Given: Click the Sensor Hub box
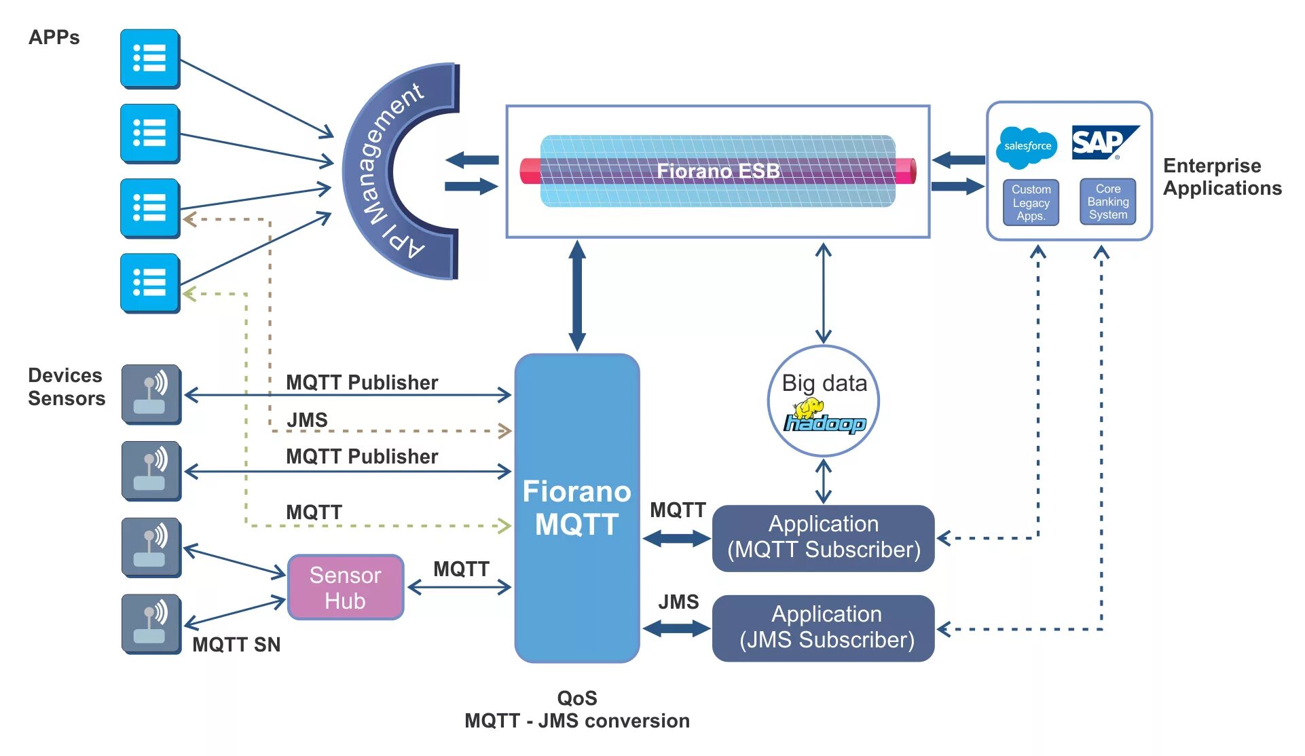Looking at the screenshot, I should pyautogui.click(x=346, y=588).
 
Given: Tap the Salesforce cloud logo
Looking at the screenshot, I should pyautogui.click(x=1027, y=147).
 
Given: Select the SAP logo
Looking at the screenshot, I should pyautogui.click(x=1103, y=143).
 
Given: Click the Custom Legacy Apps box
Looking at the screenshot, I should pyautogui.click(x=1031, y=203).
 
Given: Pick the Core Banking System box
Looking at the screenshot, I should pyautogui.click(x=1107, y=202).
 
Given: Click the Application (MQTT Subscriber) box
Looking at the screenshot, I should pyautogui.click(x=823, y=537).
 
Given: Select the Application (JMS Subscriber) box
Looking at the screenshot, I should pyautogui.click(x=823, y=628).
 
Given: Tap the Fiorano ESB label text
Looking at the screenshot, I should pyautogui.click(x=718, y=171).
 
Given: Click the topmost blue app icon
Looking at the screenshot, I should pyautogui.click(x=150, y=58).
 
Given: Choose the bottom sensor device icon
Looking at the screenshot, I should pyautogui.click(x=151, y=624).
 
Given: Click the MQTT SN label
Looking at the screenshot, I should pyautogui.click(x=236, y=645).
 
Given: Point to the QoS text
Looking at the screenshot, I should pyautogui.click(x=576, y=698).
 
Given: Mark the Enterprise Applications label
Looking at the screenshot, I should pyautogui.click(x=1221, y=176).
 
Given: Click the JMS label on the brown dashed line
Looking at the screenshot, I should pyautogui.click(x=307, y=420).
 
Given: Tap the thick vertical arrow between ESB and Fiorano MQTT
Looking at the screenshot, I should pyautogui.click(x=577, y=295).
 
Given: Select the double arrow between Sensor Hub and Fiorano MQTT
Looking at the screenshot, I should pyautogui.click(x=459, y=588).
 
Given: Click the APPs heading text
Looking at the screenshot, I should pyautogui.click(x=54, y=37).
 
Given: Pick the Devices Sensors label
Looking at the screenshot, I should pyautogui.click(x=66, y=387).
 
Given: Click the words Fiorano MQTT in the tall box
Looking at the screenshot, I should pyautogui.click(x=576, y=508).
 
